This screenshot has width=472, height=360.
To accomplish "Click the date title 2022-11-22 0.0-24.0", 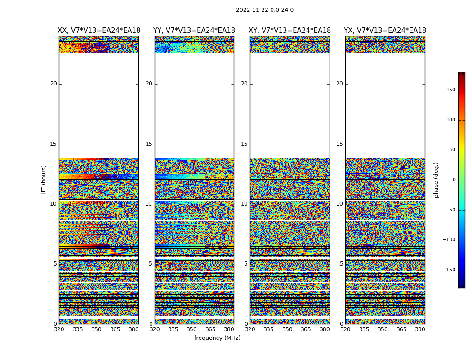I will pyautogui.click(x=264, y=10).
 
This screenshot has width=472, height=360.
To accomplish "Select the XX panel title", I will pyautogui.click(x=99, y=31).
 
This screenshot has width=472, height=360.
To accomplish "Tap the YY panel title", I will pyautogui.click(x=194, y=31).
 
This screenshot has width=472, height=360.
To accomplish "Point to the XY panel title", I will pyautogui.click(x=289, y=31).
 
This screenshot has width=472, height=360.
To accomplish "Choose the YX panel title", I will pyautogui.click(x=385, y=31).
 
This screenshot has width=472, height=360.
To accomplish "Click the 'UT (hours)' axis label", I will pyautogui.click(x=44, y=180).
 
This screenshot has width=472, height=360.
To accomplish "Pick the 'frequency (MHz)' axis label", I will pyautogui.click(x=217, y=338).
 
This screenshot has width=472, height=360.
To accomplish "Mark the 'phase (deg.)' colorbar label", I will pyautogui.click(x=436, y=180).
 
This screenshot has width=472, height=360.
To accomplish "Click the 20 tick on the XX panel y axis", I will pyautogui.click(x=53, y=84).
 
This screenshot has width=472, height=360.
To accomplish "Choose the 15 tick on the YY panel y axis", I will pyautogui.click(x=149, y=144).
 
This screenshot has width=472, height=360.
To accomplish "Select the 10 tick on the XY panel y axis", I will pyautogui.click(x=244, y=204).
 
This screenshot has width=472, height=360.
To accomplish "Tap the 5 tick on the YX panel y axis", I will pyautogui.click(x=341, y=264).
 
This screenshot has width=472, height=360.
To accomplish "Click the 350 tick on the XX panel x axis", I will pyautogui.click(x=96, y=329).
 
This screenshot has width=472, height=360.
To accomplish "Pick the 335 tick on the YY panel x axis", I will pyautogui.click(x=173, y=329).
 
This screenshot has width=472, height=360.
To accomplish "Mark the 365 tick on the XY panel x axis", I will pyautogui.click(x=306, y=329).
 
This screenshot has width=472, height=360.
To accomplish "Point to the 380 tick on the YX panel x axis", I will pyautogui.click(x=420, y=329).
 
